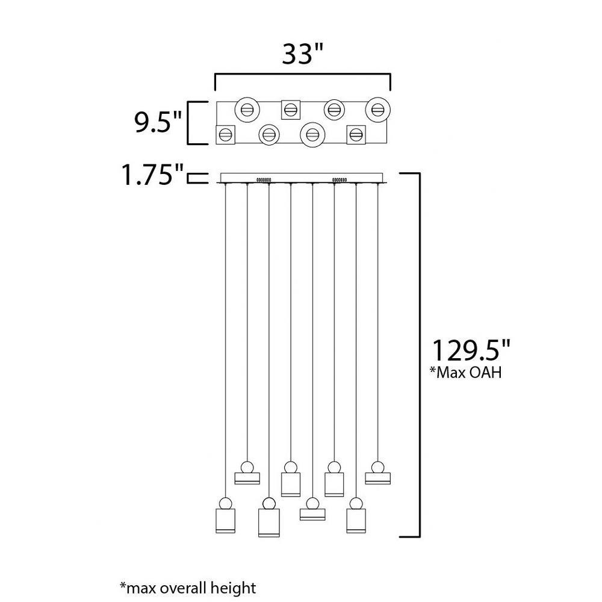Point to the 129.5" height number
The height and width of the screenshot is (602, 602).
(x=472, y=350)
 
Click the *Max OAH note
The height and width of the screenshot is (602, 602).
(x=466, y=372)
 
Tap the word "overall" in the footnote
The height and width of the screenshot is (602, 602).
(x=184, y=588)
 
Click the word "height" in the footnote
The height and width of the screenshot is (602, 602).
(x=234, y=588)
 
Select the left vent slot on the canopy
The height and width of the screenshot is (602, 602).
(x=264, y=179)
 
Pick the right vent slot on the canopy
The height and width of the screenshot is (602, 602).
(x=340, y=179)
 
